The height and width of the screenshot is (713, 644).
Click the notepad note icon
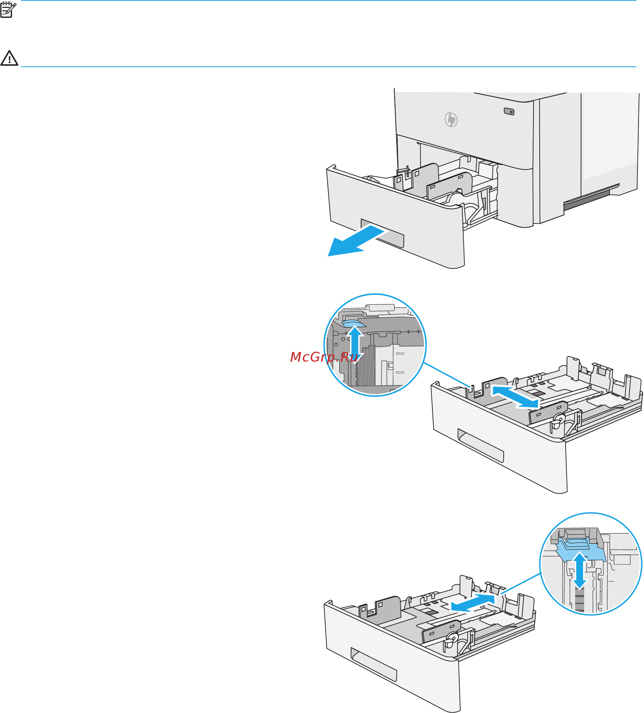click(x=8, y=10)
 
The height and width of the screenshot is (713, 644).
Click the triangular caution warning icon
click(x=9, y=58)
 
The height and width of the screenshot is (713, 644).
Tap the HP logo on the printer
click(x=451, y=120)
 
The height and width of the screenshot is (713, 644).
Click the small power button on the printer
click(x=509, y=112)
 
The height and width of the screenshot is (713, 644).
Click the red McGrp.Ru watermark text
click(x=324, y=357)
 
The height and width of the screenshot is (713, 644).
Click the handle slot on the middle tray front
click(x=480, y=446)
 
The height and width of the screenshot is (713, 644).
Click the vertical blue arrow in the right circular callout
click(x=580, y=570)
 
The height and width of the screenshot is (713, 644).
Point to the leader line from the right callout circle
click(x=520, y=584)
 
